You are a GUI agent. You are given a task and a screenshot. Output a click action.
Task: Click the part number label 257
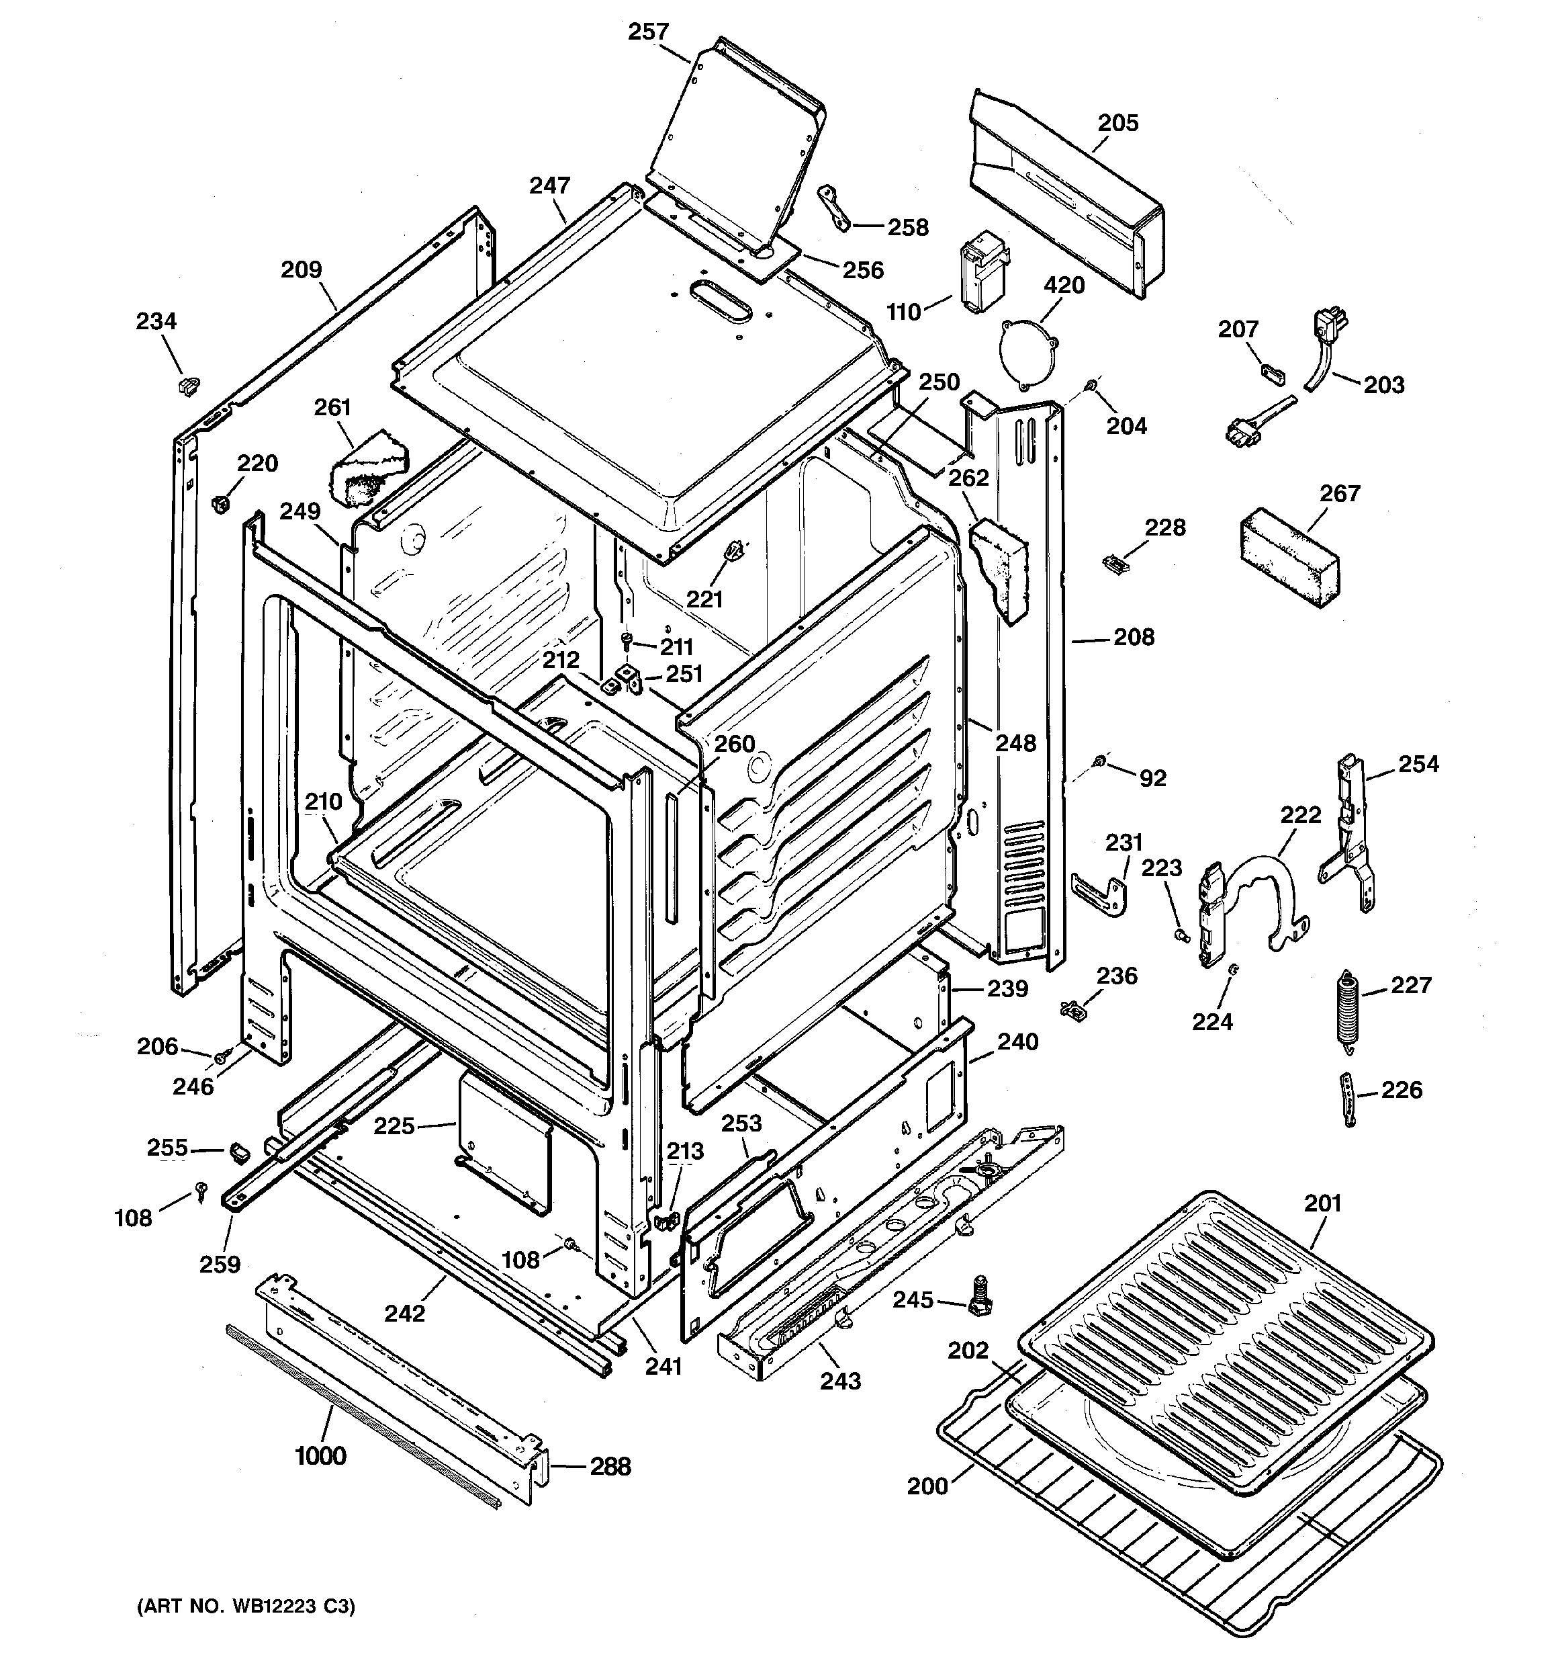click(x=648, y=32)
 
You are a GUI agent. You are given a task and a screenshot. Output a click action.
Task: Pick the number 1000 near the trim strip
click(x=320, y=1456)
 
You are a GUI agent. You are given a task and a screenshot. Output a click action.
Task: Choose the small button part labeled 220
click(x=220, y=503)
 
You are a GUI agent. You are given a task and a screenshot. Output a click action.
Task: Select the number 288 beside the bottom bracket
click(x=610, y=1466)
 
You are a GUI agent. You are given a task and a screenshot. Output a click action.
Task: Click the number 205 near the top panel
click(x=1117, y=123)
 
